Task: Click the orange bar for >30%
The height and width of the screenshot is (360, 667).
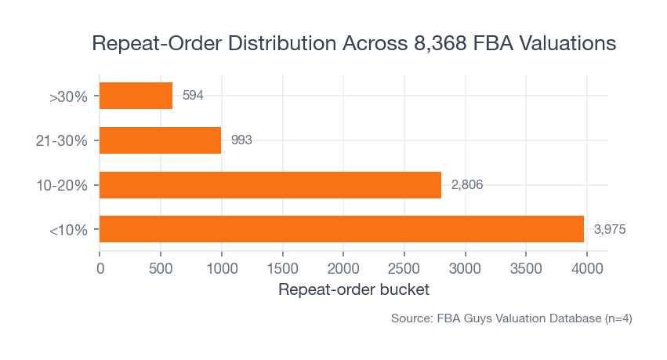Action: (x=136, y=96)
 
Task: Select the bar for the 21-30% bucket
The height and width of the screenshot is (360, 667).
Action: (x=160, y=140)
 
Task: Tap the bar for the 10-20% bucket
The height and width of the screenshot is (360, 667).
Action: (x=270, y=185)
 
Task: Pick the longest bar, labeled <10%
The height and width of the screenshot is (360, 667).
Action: (x=342, y=229)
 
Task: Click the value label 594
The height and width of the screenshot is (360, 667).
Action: (x=193, y=96)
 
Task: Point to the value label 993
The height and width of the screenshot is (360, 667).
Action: (x=241, y=140)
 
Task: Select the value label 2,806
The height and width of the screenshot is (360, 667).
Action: (x=466, y=185)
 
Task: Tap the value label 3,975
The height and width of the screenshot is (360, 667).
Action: (x=610, y=229)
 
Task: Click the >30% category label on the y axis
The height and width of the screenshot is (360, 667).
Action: (x=74, y=97)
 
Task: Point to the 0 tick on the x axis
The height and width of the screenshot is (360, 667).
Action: (x=100, y=268)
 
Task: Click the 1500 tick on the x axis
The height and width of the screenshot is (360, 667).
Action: (x=282, y=268)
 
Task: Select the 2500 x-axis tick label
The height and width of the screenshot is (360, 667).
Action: (x=404, y=268)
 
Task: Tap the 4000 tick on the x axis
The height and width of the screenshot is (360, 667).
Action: (x=587, y=268)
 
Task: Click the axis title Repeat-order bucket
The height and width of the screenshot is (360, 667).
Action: (x=353, y=290)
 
